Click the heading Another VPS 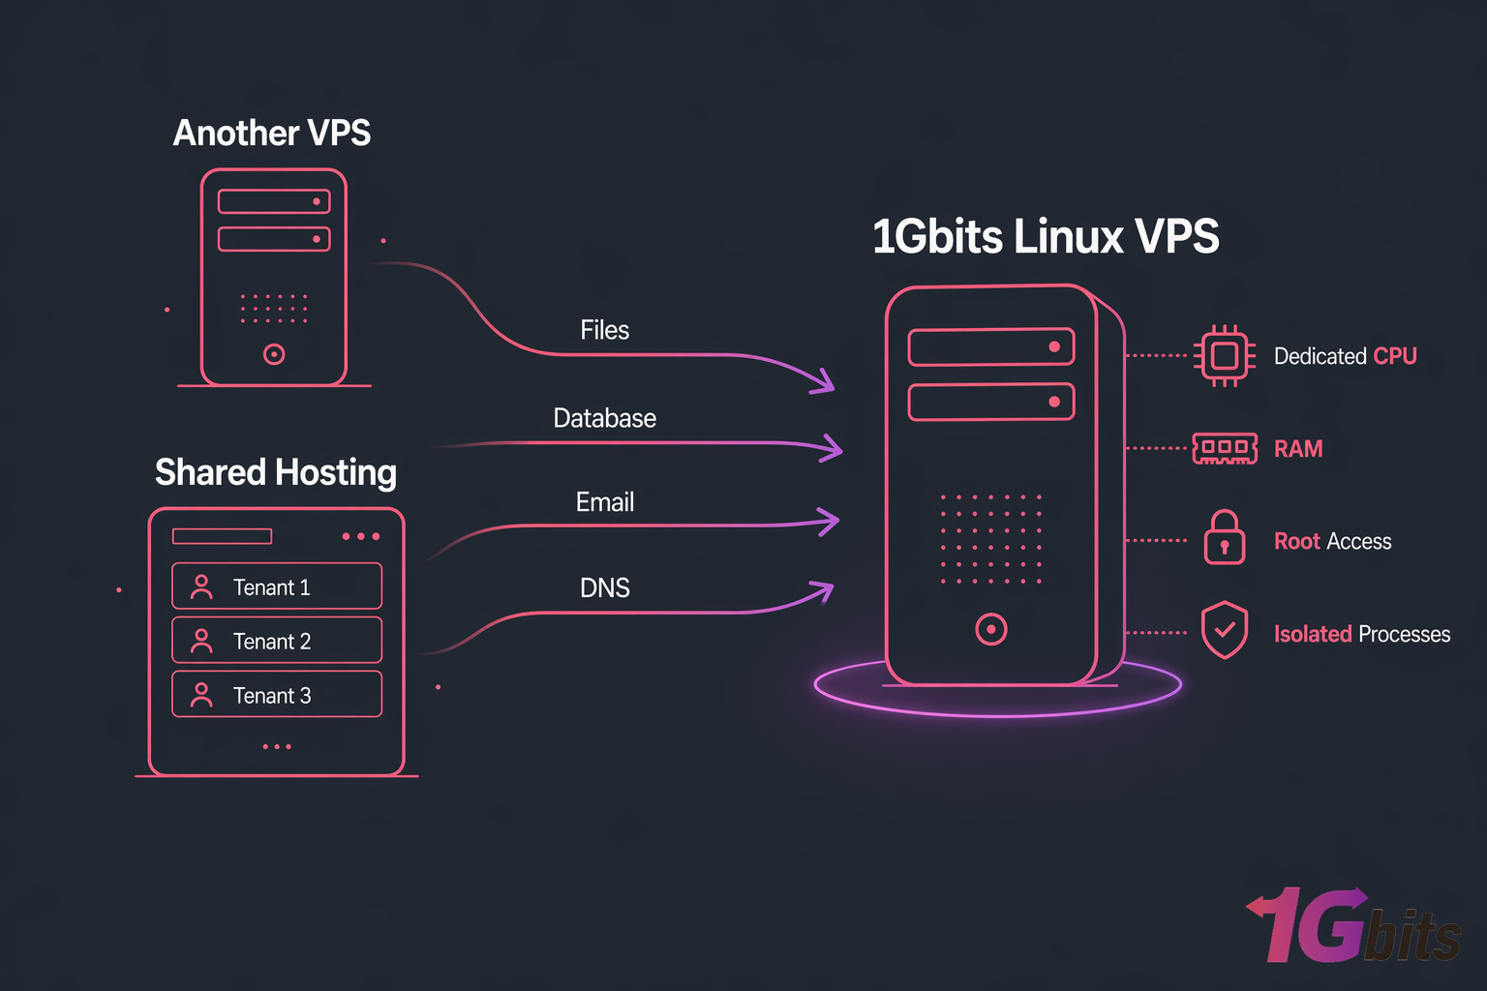(271, 133)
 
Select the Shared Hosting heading (276, 472)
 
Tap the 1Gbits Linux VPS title (1046, 236)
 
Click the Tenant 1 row (277, 586)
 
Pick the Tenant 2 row (277, 641)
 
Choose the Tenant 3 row (277, 695)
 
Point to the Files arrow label (604, 330)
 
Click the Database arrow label (604, 418)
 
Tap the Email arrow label (604, 502)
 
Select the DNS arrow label (604, 587)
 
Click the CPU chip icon (1225, 356)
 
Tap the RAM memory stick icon (1225, 448)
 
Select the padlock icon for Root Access (1225, 538)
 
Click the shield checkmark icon (1225, 630)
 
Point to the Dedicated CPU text (1345, 356)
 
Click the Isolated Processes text (1361, 634)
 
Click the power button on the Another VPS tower (274, 354)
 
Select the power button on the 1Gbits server (990, 629)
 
